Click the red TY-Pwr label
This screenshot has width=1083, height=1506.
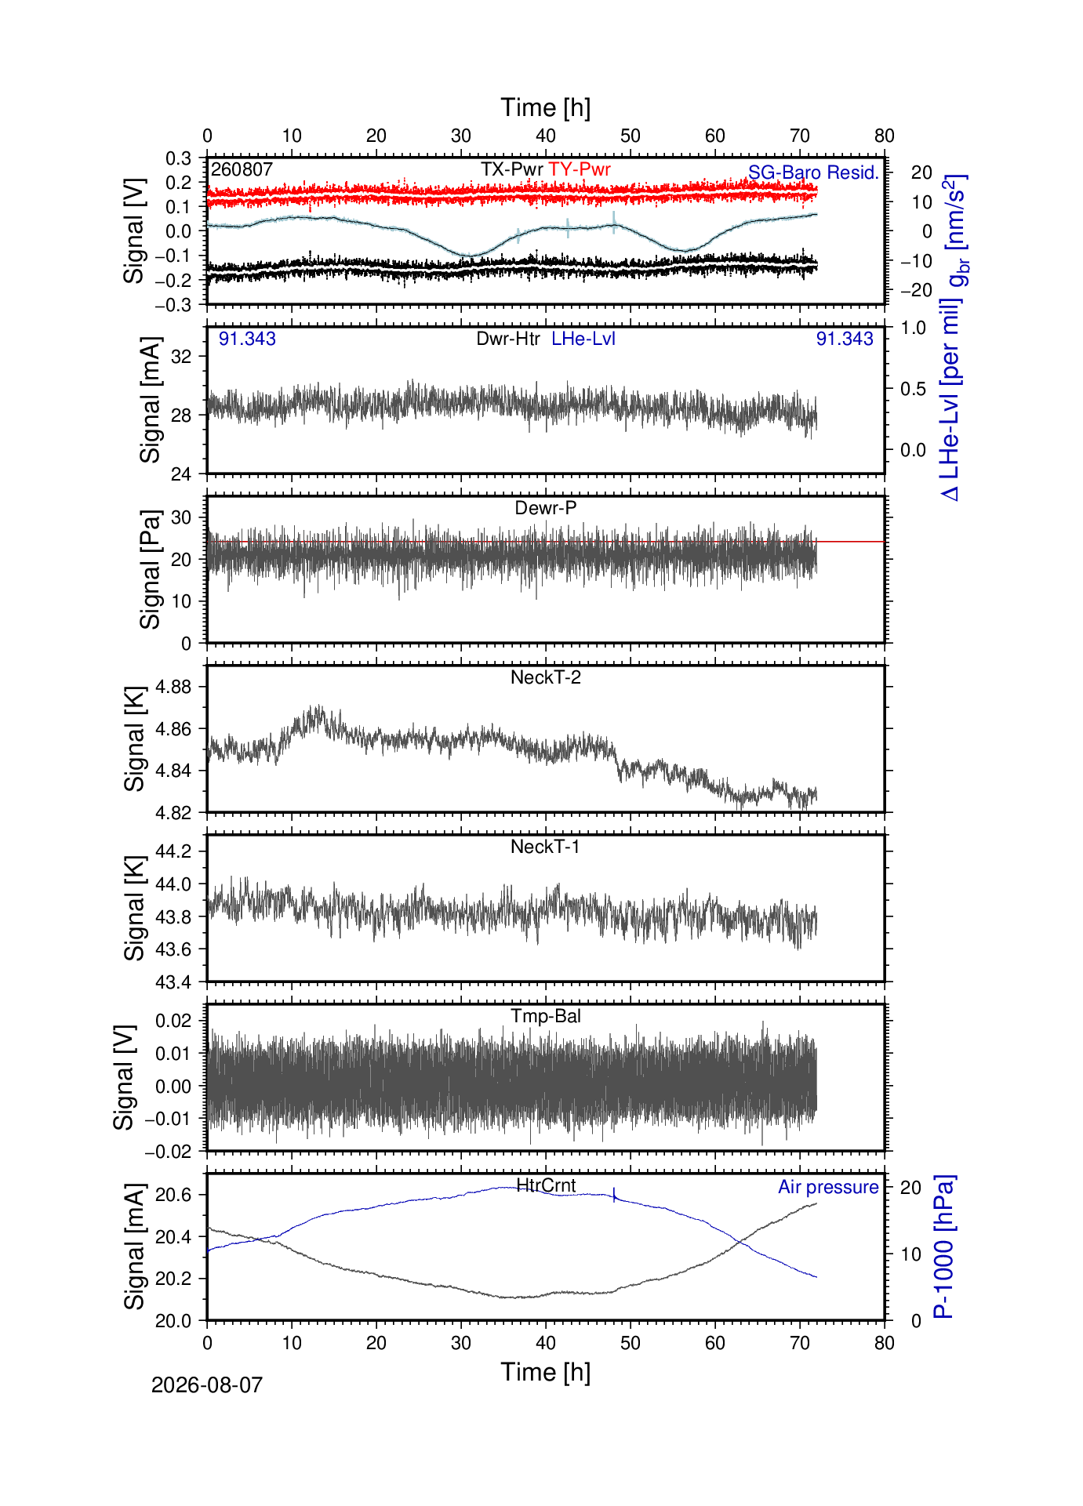click(x=580, y=169)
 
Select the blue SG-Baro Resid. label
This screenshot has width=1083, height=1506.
click(x=814, y=172)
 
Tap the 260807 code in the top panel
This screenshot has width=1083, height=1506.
click(x=242, y=169)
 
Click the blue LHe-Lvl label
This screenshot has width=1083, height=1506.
click(x=583, y=339)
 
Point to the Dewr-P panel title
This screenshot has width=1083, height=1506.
click(x=546, y=508)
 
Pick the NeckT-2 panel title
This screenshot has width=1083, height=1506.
click(x=546, y=677)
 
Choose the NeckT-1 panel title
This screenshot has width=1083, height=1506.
click(x=546, y=847)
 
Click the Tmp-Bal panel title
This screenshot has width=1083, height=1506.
click(x=546, y=1016)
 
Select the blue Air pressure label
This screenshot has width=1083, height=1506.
click(x=828, y=1187)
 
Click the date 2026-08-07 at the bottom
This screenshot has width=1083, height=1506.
click(x=207, y=1385)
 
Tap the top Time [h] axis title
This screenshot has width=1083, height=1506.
click(x=546, y=107)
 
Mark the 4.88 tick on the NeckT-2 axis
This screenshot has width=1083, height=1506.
click(x=174, y=687)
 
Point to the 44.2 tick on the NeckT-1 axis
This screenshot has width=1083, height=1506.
click(x=174, y=851)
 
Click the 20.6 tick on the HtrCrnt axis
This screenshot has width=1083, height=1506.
click(x=174, y=1195)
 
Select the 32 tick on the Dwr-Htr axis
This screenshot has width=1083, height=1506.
click(x=182, y=356)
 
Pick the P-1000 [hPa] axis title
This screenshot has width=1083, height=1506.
click(x=943, y=1247)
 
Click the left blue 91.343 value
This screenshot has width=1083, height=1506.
click(x=247, y=339)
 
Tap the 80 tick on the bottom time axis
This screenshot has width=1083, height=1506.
click(x=885, y=1343)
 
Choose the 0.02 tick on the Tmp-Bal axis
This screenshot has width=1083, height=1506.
click(x=173, y=1021)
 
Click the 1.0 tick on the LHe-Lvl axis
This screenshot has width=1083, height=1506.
click(x=914, y=328)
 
